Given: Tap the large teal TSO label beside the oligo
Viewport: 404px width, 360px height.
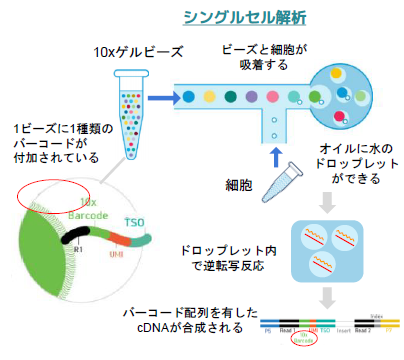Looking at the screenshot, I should [132, 220].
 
